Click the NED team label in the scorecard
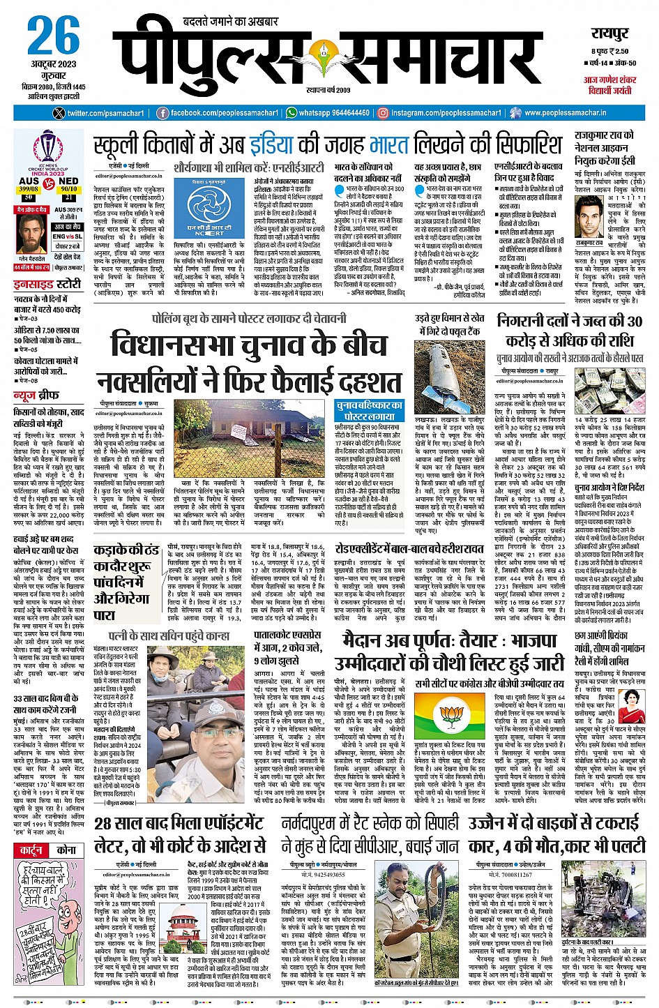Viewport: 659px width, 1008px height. pyautogui.click(x=69, y=181)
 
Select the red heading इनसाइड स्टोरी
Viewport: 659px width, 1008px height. pyautogui.click(x=47, y=285)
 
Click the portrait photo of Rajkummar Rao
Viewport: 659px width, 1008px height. pyautogui.click(x=590, y=216)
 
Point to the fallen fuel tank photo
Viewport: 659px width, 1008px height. pyautogui.click(x=449, y=377)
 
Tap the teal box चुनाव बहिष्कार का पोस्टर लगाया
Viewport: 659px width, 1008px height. pyautogui.click(x=369, y=410)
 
